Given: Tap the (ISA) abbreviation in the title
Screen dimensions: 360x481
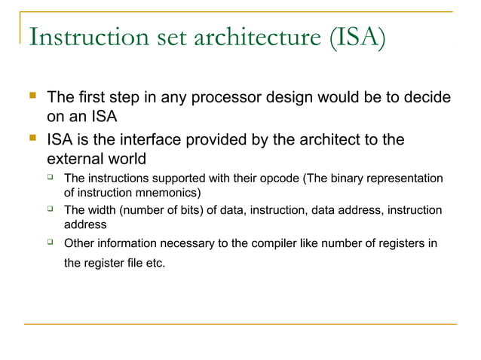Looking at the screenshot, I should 357,37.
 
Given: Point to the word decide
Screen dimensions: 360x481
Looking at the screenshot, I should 427,98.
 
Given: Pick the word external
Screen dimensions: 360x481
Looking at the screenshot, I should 76,160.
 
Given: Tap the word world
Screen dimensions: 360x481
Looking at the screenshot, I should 130,160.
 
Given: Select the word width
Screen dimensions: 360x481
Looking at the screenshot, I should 103,210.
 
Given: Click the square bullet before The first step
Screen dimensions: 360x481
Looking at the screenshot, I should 32,97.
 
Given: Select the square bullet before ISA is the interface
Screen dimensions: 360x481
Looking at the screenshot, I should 32,139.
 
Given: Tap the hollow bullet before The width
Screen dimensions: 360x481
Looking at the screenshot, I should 50,209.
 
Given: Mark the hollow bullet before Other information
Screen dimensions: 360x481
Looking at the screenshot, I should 50,242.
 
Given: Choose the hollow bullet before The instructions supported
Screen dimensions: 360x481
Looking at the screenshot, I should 50,177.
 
